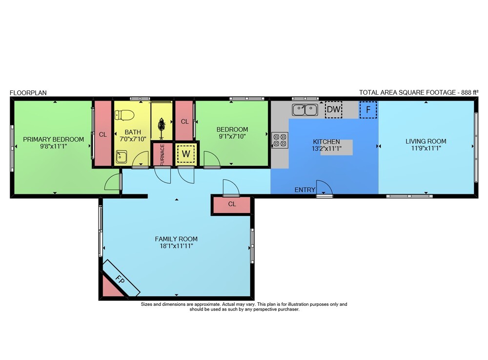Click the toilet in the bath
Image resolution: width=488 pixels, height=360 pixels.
click(x=124, y=115)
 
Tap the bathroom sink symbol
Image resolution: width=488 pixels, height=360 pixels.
click(x=122, y=157)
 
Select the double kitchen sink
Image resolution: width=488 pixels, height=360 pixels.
click(x=305, y=109)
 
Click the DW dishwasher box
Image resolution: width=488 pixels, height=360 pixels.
click(x=334, y=109)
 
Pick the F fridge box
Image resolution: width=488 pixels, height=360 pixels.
click(x=368, y=109)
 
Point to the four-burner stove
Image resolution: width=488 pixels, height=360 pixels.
click(x=280, y=140)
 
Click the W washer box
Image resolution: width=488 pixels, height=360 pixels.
click(x=186, y=153)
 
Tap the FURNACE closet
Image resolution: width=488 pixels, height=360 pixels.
click(x=162, y=154)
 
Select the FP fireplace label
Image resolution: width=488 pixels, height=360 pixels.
click(x=120, y=279)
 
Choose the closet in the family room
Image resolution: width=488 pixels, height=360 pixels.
click(x=232, y=205)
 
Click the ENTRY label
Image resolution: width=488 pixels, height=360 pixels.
click(x=305, y=190)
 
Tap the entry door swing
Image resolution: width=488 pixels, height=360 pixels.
click(x=325, y=188)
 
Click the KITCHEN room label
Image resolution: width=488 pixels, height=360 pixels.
click(x=326, y=142)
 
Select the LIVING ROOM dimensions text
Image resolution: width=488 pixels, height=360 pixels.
click(x=426, y=148)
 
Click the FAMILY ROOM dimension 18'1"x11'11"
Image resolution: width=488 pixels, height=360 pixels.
click(x=177, y=246)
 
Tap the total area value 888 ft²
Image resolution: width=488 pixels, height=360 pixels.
click(x=469, y=92)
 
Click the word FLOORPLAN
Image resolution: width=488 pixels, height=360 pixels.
click(x=28, y=93)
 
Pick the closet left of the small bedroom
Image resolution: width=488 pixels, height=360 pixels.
click(x=184, y=121)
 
